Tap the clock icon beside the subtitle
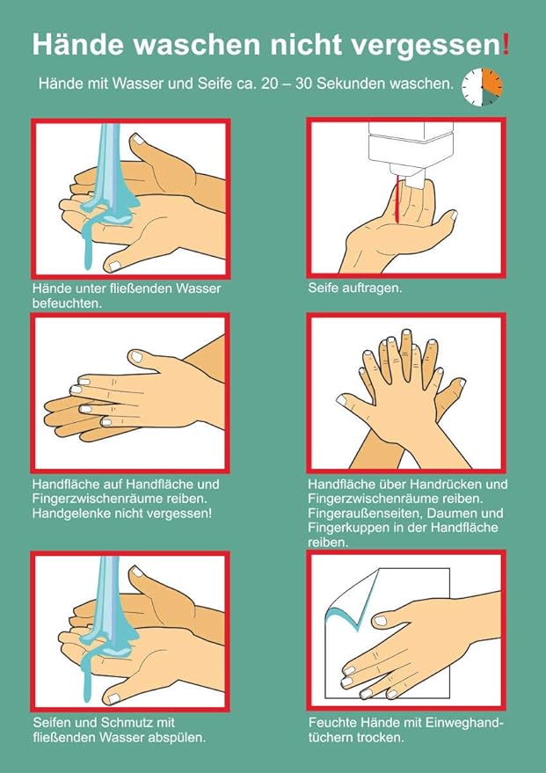pyautogui.click(x=483, y=87)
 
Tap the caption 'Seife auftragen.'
pyautogui.click(x=355, y=288)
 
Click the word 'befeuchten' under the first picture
pyautogui.click(x=66, y=303)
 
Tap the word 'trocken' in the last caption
pyautogui.click(x=379, y=738)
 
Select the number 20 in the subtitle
pyautogui.click(x=270, y=84)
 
